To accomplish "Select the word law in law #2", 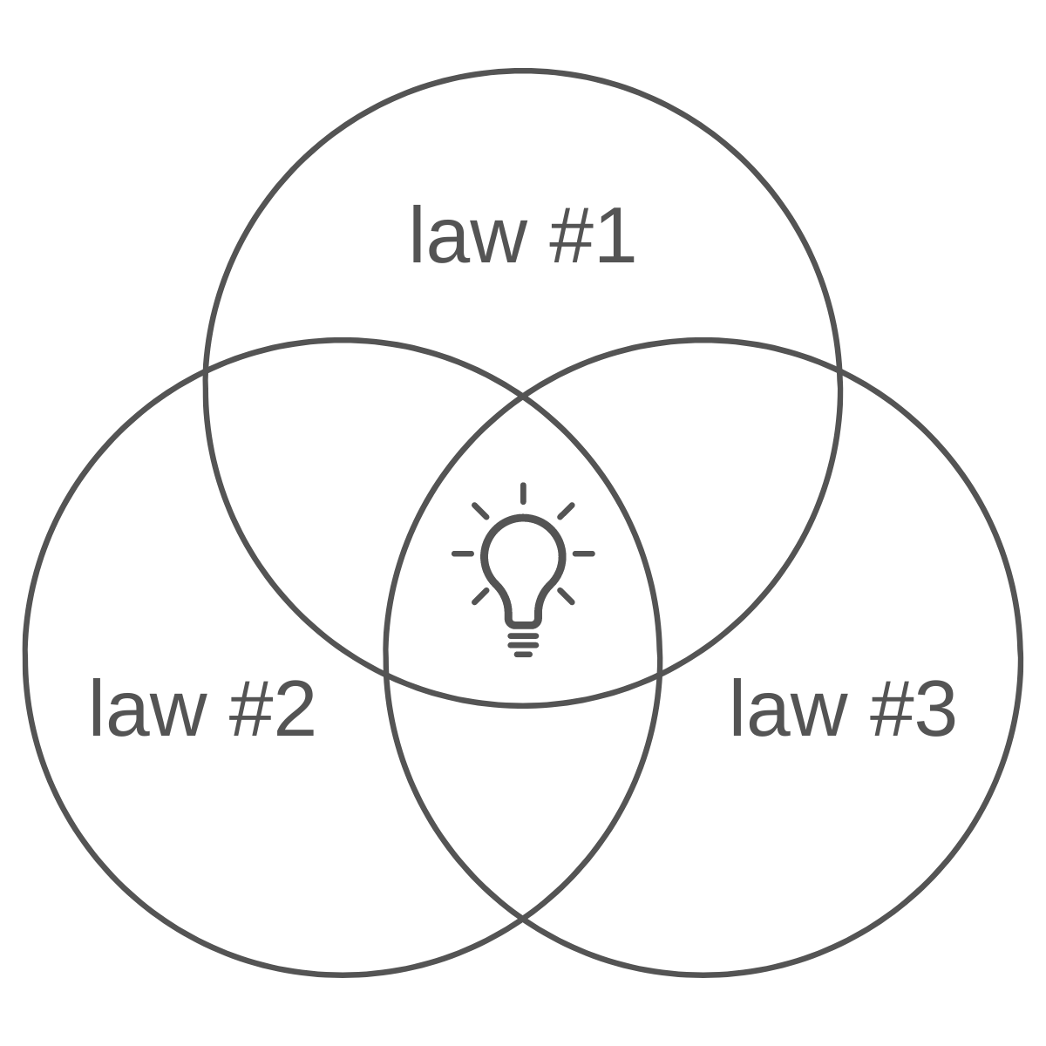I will point(148,711).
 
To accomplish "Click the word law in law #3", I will point(789,711).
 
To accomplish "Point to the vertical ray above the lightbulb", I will point(522,497).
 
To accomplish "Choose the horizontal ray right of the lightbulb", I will point(581,554).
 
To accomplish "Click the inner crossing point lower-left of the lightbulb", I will point(384,676).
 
